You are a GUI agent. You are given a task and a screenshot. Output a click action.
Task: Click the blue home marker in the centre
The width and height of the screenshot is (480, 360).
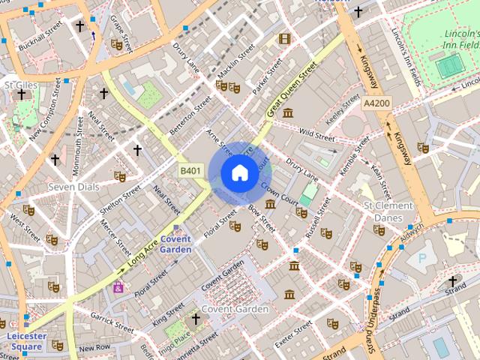click(238, 173)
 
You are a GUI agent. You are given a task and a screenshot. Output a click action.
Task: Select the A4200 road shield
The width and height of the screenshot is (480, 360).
click(376, 103)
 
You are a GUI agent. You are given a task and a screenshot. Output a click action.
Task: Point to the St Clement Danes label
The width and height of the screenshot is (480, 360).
click(388, 211)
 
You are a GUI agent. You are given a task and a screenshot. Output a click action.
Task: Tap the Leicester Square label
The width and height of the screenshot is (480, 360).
click(26, 341)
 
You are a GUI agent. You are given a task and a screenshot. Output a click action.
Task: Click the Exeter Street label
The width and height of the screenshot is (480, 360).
click(292, 333)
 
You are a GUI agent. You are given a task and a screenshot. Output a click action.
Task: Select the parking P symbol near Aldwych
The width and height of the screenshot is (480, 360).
click(421, 257)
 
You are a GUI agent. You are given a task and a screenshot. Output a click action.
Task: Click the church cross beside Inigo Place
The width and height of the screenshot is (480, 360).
click(196, 319)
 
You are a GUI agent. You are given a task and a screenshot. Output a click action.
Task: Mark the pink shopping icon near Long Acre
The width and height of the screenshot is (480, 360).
click(118, 287)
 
